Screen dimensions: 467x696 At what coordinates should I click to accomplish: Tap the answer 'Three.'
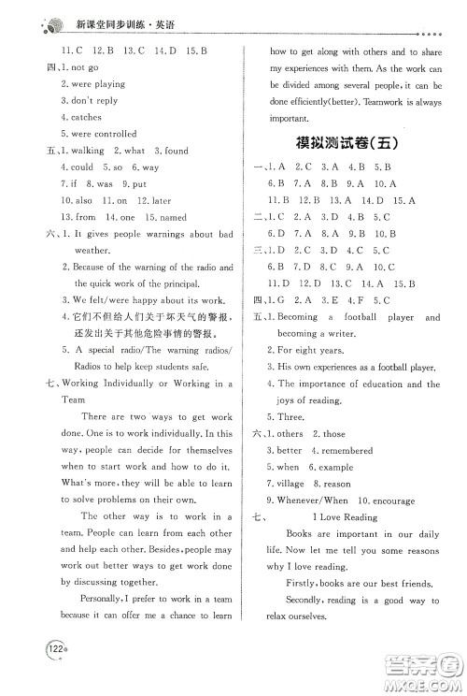[x=288, y=417]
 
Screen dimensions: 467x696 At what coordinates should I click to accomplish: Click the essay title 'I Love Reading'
[x=347, y=517]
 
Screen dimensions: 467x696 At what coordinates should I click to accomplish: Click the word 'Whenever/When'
[x=307, y=500]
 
